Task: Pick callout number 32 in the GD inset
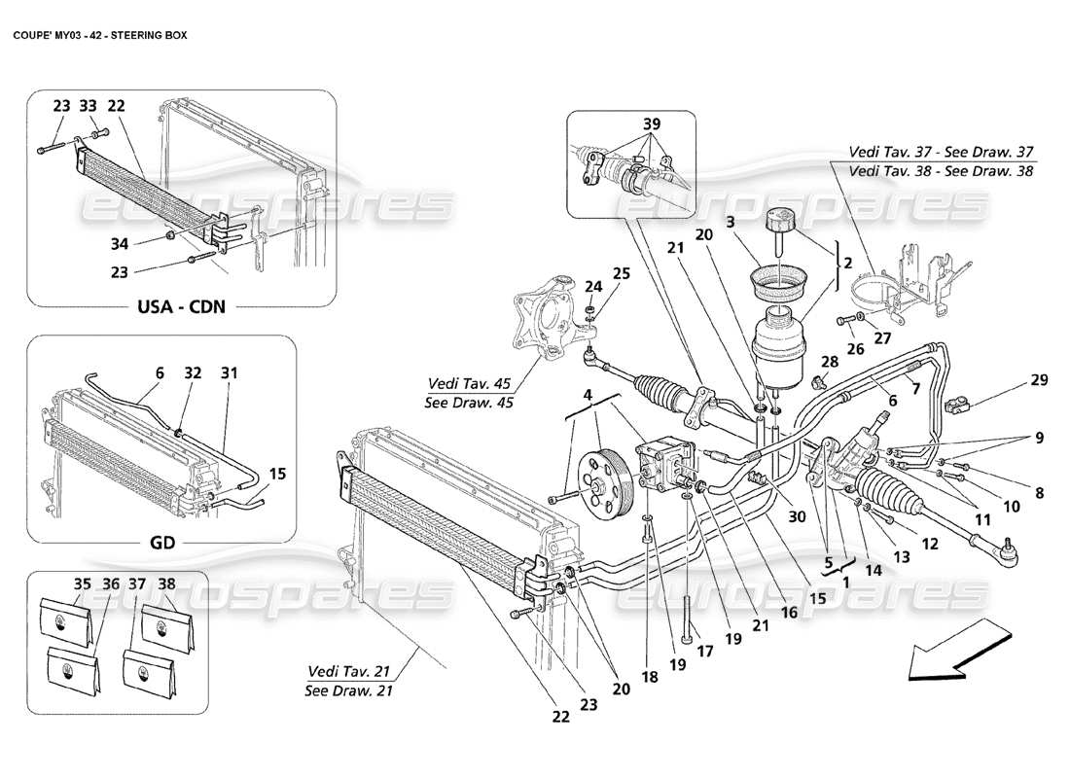tap(194, 371)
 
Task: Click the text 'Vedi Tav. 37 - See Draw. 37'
tap(942, 152)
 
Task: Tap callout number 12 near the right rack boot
tap(930, 545)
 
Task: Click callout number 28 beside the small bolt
tap(831, 363)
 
